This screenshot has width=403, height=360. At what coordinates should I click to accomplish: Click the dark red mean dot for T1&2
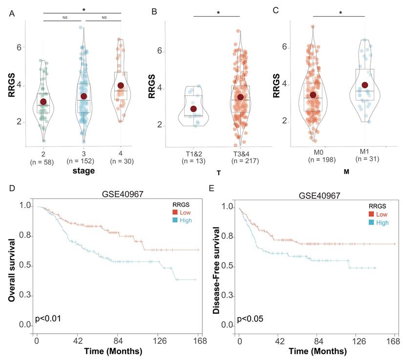tap(194, 109)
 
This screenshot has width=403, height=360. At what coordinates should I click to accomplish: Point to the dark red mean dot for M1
tap(364, 85)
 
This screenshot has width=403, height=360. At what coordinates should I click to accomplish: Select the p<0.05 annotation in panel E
tap(251, 319)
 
